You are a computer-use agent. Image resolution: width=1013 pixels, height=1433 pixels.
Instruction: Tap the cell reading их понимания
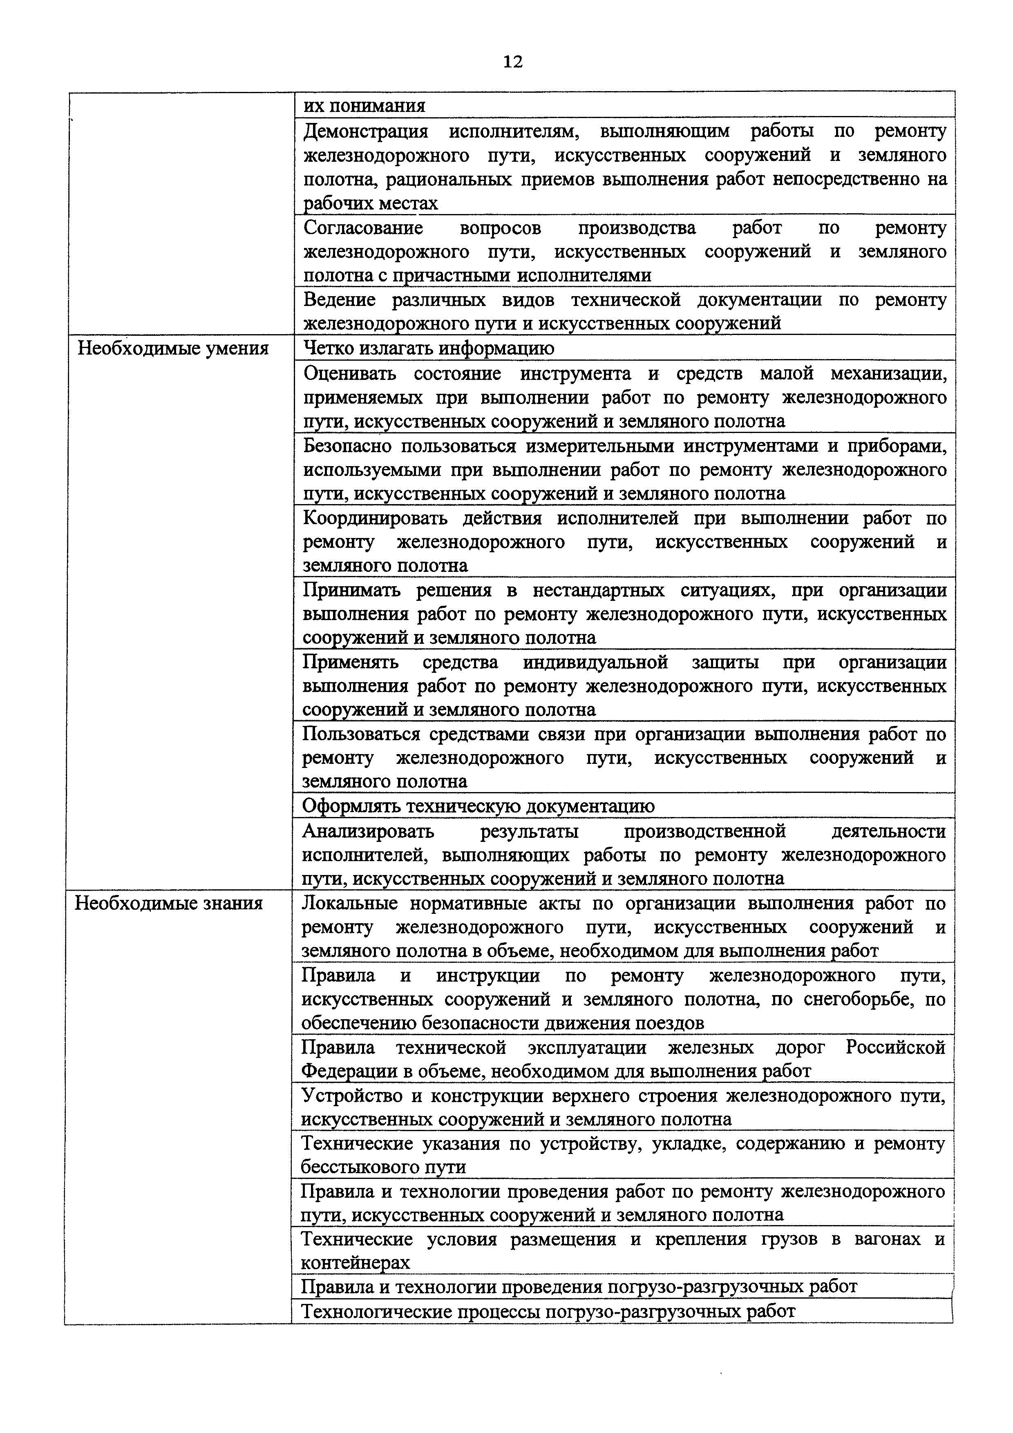(365, 105)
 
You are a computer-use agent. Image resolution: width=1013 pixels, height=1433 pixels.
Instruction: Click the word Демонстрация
(366, 132)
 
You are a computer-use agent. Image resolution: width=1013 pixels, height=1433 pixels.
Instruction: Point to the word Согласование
(362, 228)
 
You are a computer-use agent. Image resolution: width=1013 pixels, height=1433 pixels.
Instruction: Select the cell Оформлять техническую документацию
(478, 806)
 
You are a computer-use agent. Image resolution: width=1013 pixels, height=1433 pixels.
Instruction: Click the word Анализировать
(368, 831)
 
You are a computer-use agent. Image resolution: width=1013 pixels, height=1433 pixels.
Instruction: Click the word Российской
(895, 1048)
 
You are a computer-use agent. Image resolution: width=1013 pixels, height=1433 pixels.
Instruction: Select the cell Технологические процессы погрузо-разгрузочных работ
(548, 1311)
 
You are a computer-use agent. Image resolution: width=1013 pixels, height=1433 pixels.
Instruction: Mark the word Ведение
(339, 300)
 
